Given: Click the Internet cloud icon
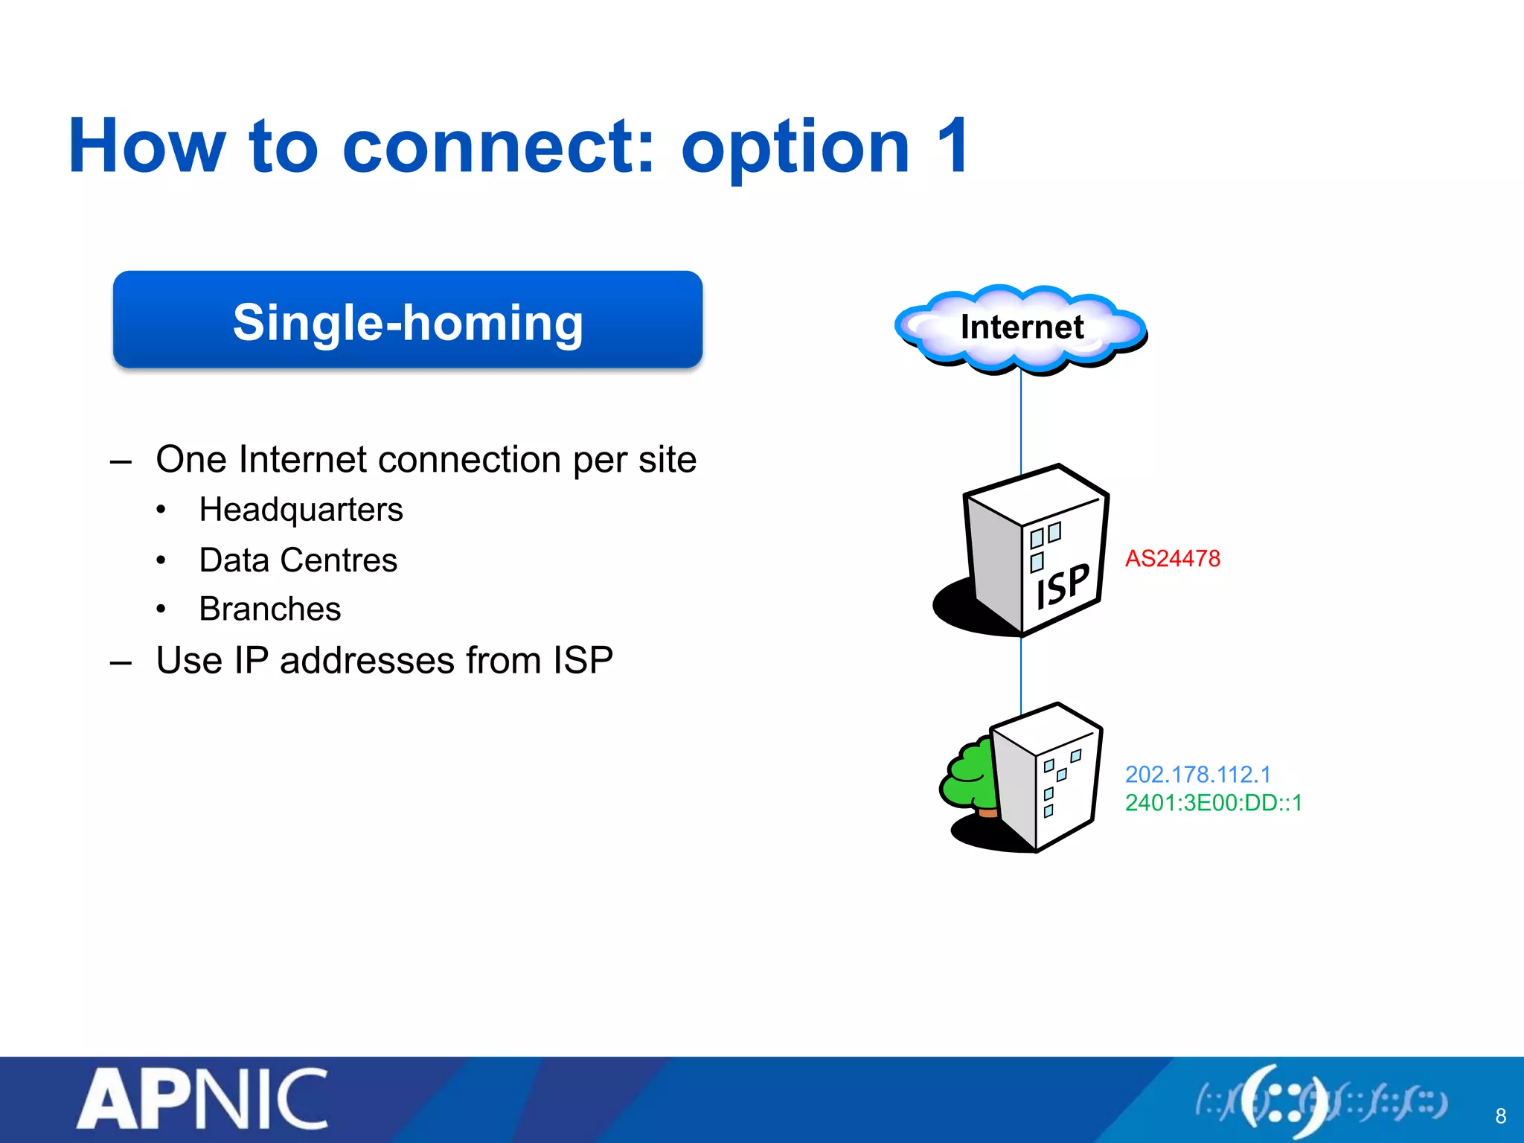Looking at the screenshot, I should pos(1021,328).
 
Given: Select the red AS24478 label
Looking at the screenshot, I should pos(1172,559).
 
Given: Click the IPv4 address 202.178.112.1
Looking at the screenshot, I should pos(1197,775).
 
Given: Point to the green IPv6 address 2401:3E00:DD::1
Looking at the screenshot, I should pos(1213,803).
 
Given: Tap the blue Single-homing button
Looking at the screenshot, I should pos(408,320).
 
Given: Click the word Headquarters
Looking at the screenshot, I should pos(301,510).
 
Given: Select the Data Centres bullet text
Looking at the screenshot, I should pos(298,560).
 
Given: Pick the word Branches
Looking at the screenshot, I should pos(269,609).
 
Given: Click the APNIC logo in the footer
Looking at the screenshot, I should pos(202,1100).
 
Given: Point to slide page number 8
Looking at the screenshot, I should pos(1500,1116).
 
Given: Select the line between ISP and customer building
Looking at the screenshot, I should pos(1021,673).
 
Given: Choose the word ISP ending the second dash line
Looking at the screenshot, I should pos(583,661).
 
